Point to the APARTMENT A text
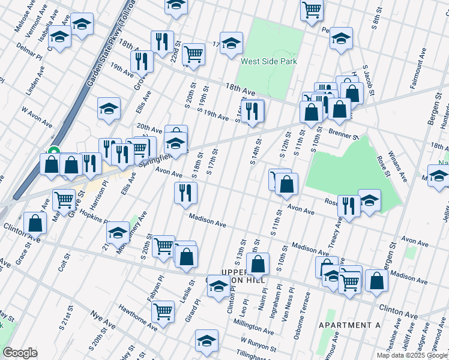(350, 325)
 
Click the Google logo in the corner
(20, 352)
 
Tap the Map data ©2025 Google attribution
(412, 355)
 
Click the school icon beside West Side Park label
(231, 43)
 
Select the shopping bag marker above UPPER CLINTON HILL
(258, 263)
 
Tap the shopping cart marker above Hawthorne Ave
(163, 311)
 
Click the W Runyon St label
(257, 345)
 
